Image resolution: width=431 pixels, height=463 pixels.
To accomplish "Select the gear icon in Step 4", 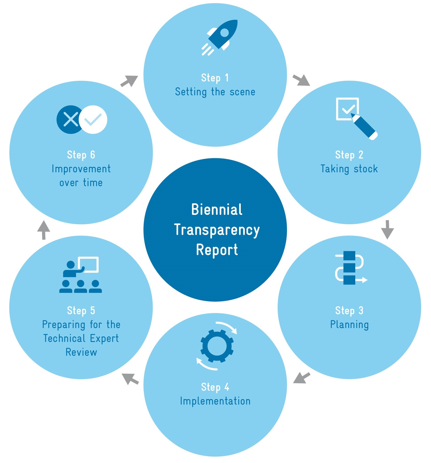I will click(x=217, y=346).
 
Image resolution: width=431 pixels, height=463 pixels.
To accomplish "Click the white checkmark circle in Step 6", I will click(x=93, y=120).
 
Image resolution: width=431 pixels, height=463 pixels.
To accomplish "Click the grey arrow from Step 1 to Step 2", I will click(x=301, y=80).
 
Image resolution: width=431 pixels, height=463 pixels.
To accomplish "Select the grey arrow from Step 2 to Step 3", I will click(x=387, y=229).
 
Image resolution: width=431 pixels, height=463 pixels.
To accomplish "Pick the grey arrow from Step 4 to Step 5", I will click(x=130, y=379).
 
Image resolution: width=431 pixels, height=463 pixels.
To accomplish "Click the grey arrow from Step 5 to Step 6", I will click(x=44, y=230).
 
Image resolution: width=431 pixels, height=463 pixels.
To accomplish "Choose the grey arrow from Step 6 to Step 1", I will click(x=129, y=81).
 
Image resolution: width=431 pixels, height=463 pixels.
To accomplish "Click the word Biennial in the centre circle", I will click(x=217, y=210).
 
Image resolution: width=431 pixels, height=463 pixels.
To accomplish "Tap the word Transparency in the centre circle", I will click(x=217, y=230).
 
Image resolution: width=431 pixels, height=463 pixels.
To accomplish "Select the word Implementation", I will click(x=215, y=401).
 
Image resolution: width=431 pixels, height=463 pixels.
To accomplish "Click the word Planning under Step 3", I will click(x=349, y=325).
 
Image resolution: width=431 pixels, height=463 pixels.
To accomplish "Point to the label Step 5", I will click(x=81, y=311).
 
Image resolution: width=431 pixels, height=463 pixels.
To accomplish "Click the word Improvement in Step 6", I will click(x=81, y=169).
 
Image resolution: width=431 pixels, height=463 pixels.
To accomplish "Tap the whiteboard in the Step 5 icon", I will click(x=89, y=264).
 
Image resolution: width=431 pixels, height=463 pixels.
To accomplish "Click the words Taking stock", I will click(x=349, y=169).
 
